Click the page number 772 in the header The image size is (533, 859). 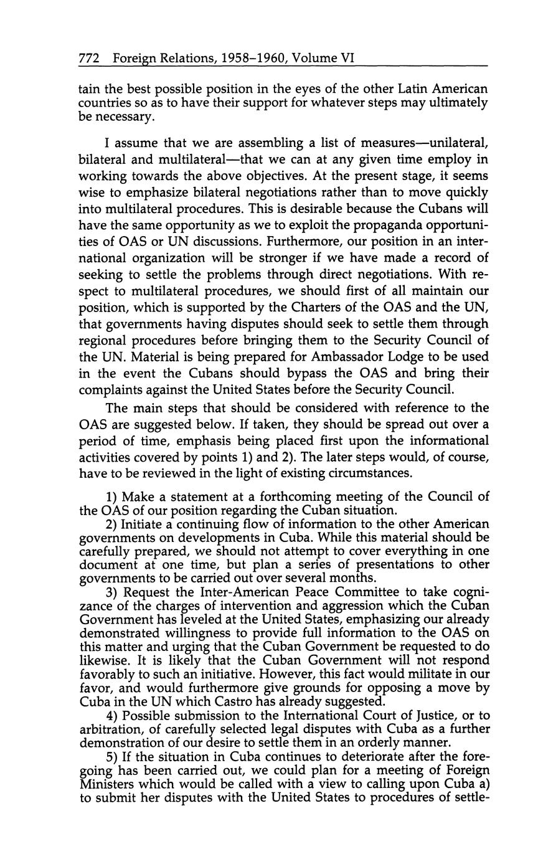pyautogui.click(x=90, y=58)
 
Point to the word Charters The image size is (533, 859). pyautogui.click(x=313, y=307)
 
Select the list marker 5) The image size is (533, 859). pyautogui.click(x=113, y=757)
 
